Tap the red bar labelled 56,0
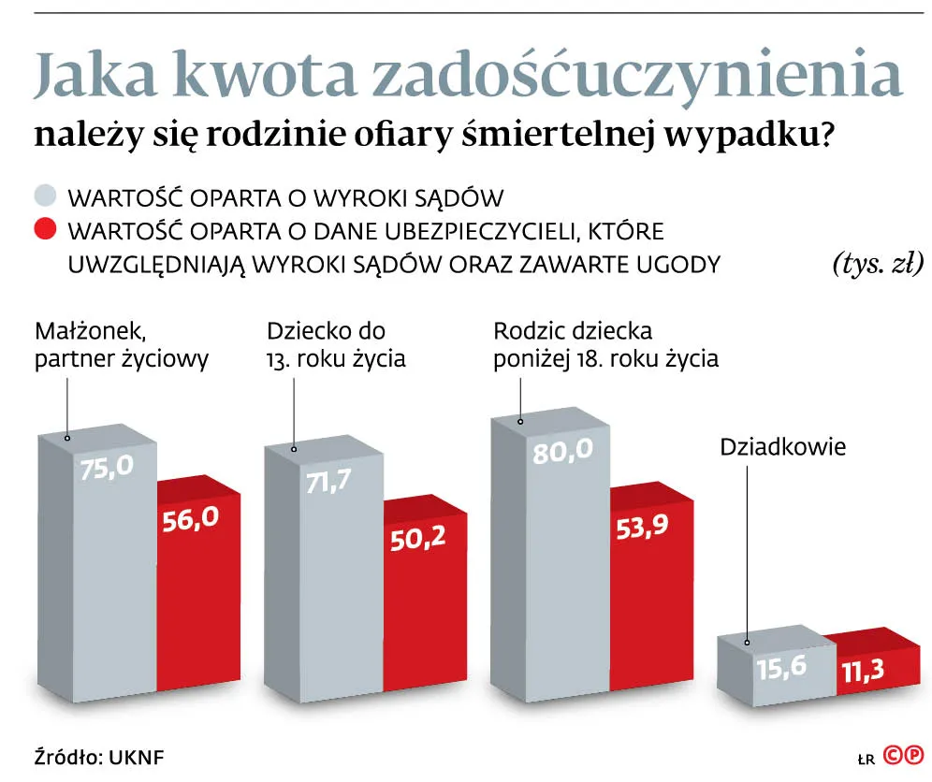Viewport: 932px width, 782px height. pyautogui.click(x=197, y=599)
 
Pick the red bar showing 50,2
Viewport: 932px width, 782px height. pyautogui.click(x=425, y=608)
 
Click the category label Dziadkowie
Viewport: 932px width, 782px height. pyautogui.click(x=782, y=447)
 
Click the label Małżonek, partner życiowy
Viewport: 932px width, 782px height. pyautogui.click(x=122, y=345)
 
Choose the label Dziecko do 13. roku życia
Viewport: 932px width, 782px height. pyautogui.click(x=336, y=345)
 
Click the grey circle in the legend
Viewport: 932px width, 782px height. pyautogui.click(x=46, y=197)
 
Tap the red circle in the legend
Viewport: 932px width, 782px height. pyautogui.click(x=46, y=230)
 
